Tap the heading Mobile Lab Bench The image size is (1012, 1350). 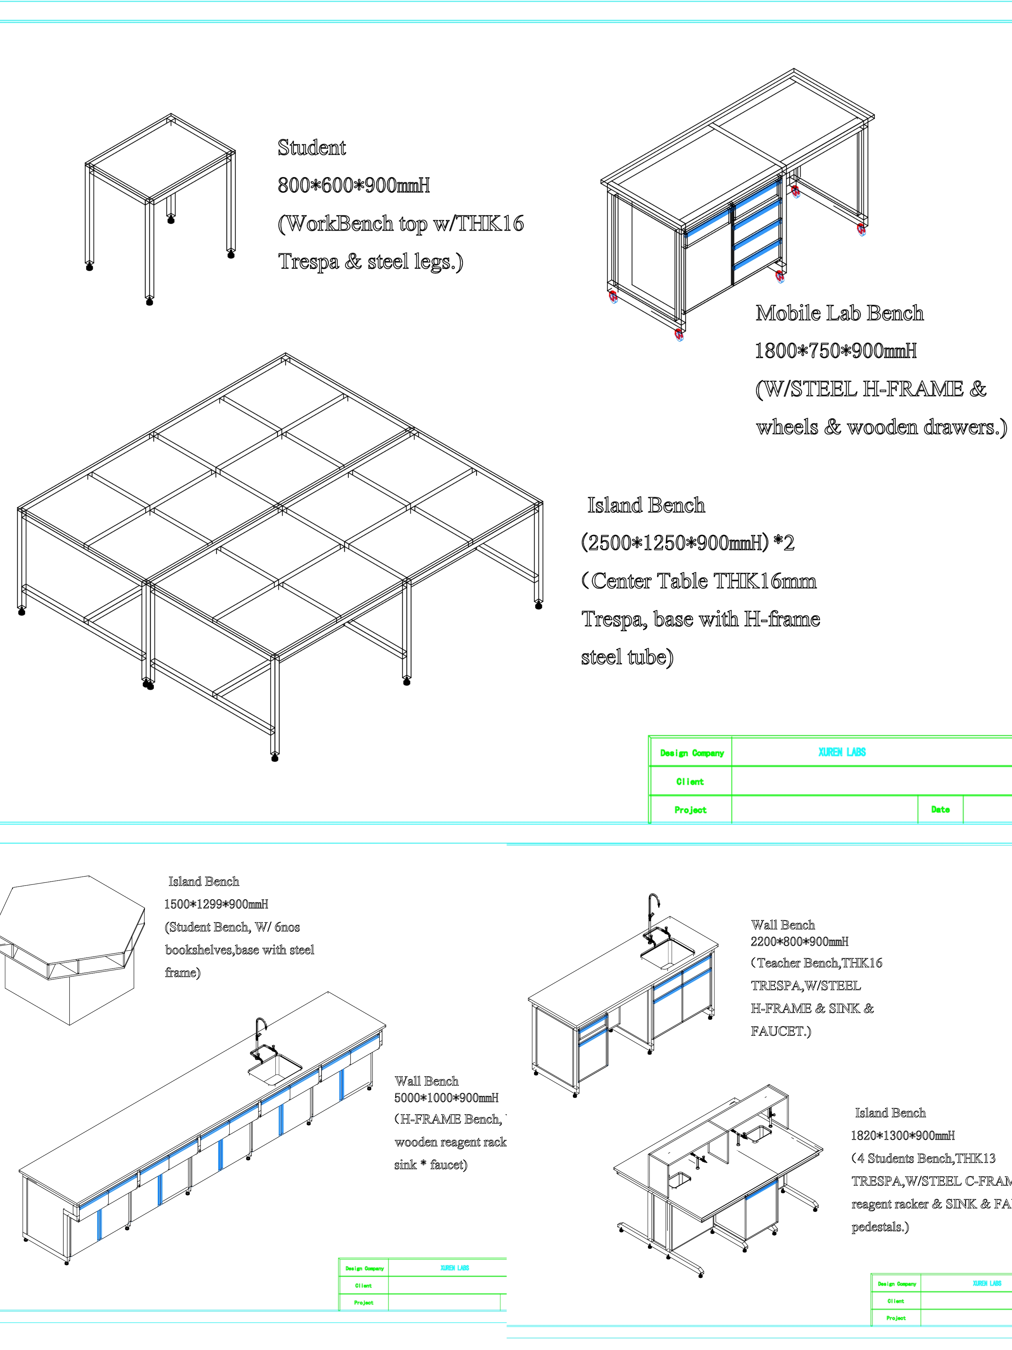pos(839,313)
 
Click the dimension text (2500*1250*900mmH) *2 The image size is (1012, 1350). pos(688,543)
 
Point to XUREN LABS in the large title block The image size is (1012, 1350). pos(842,752)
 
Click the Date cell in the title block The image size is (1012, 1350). pos(940,809)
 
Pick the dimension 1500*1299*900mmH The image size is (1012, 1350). pos(216,904)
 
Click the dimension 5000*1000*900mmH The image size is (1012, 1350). pos(446,1097)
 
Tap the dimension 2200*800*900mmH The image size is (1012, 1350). pos(799,941)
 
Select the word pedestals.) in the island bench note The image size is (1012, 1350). pos(880,1227)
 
